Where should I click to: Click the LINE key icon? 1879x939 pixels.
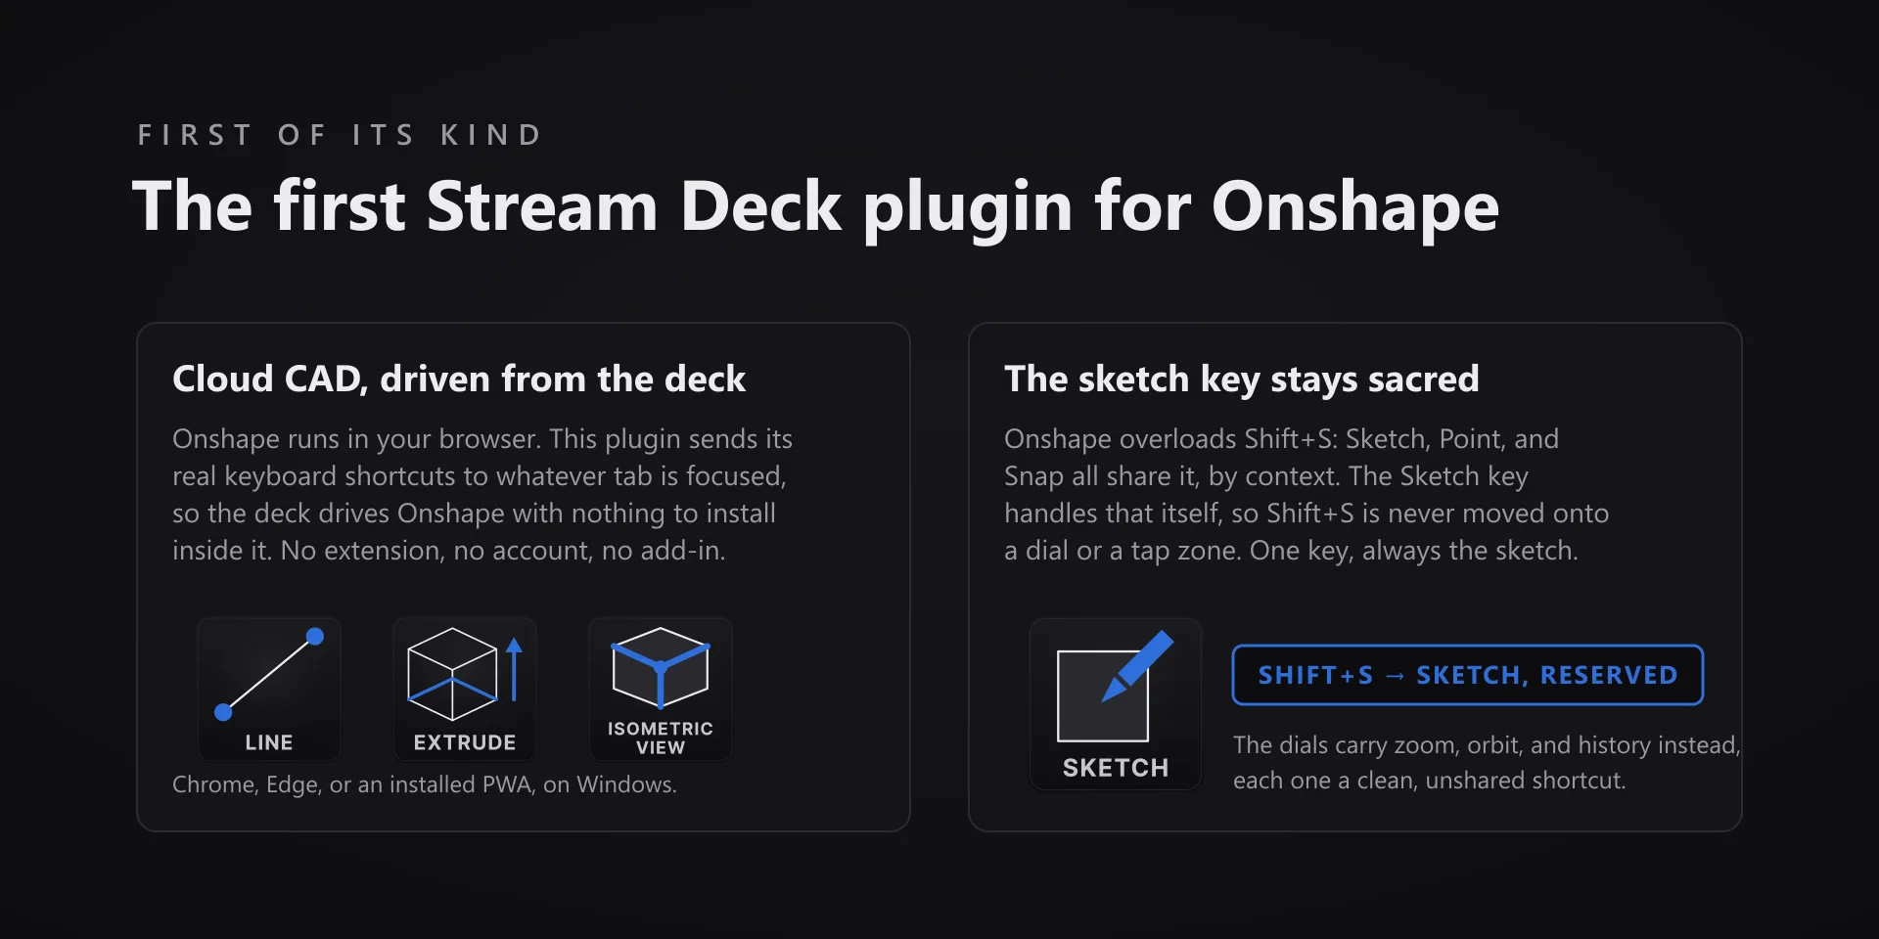[269, 690]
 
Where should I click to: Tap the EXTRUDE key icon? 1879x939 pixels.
[465, 690]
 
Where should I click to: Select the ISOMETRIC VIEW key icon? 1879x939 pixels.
[661, 690]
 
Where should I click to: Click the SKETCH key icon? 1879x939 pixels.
[1116, 704]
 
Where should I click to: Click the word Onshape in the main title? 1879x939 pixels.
[1355, 207]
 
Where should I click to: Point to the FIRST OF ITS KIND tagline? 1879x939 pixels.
[340, 135]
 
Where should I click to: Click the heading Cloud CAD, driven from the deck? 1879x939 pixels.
[459, 380]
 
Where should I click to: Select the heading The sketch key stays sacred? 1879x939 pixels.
[1242, 380]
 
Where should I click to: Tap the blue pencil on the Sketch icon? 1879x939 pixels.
[1138, 665]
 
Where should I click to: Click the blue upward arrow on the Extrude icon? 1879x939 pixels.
[515, 670]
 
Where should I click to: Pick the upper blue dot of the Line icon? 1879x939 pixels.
[315, 637]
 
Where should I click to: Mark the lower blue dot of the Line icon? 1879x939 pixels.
[223, 712]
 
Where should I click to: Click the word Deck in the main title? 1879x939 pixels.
[760, 207]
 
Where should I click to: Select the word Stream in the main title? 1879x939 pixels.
[542, 207]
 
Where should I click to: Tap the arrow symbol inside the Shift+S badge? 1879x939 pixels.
[1395, 676]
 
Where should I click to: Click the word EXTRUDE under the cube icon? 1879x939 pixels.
[465, 742]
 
